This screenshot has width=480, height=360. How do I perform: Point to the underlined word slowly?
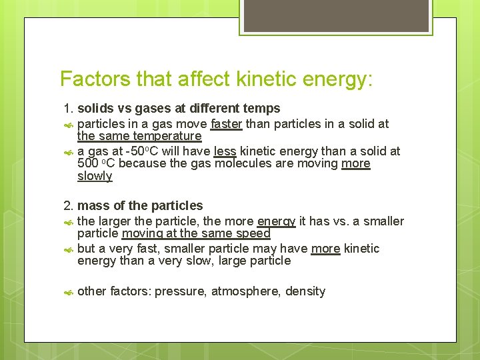pos(95,177)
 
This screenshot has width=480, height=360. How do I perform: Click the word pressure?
pos(179,291)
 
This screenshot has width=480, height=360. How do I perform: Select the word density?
pos(305,291)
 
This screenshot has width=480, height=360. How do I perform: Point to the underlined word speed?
pos(253,234)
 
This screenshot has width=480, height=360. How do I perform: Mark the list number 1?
pos(67,109)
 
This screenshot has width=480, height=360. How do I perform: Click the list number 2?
pos(67,206)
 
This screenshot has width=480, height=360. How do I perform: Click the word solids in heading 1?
pos(97,109)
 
